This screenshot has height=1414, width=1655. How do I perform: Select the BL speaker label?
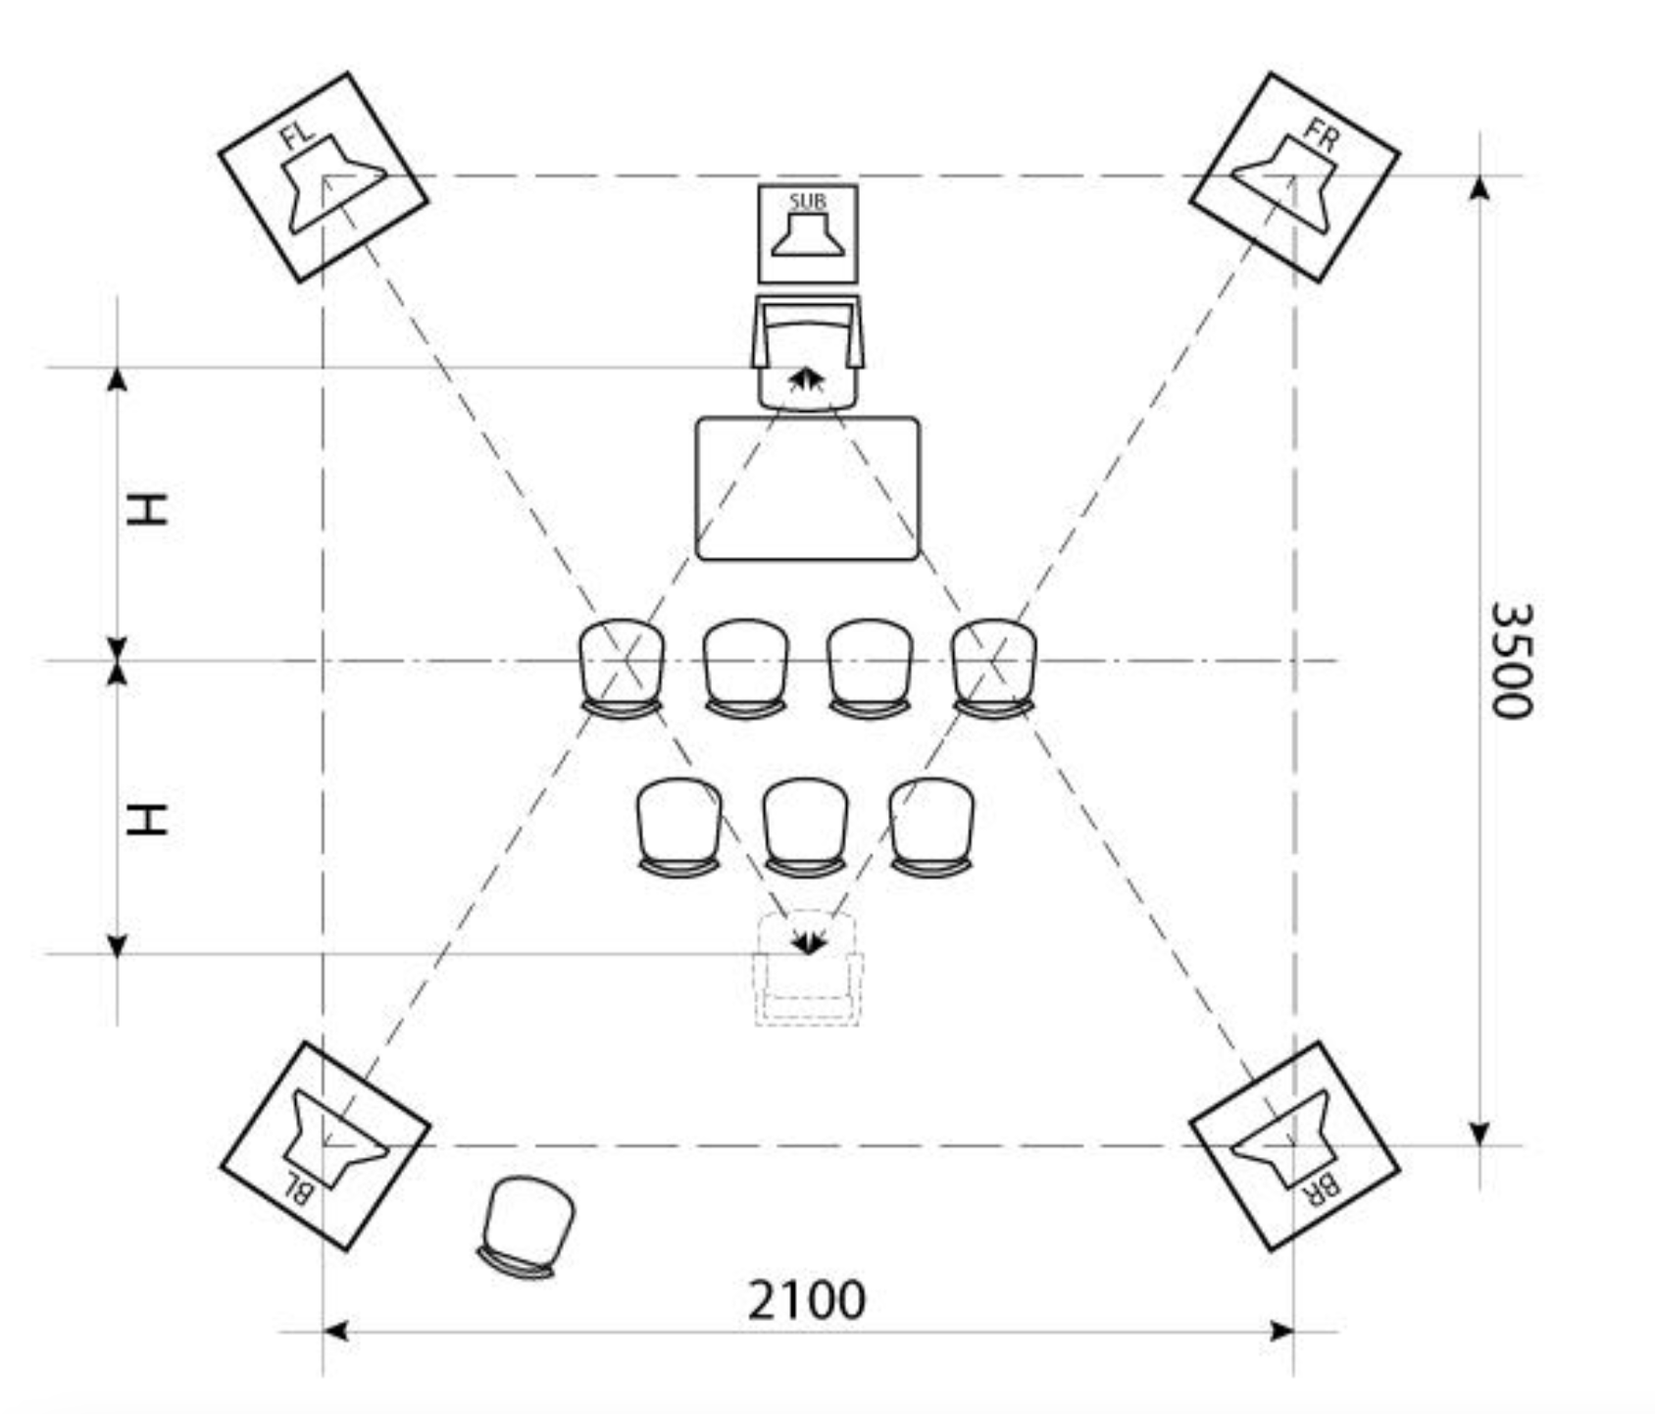tap(298, 1189)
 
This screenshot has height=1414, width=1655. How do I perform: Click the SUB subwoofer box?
tap(807, 233)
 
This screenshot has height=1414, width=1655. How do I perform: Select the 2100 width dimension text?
tap(806, 1300)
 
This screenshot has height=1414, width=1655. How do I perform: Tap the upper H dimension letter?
tap(148, 510)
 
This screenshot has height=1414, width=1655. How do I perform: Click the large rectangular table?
tap(807, 488)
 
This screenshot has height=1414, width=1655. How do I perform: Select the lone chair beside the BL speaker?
tap(526, 1226)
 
